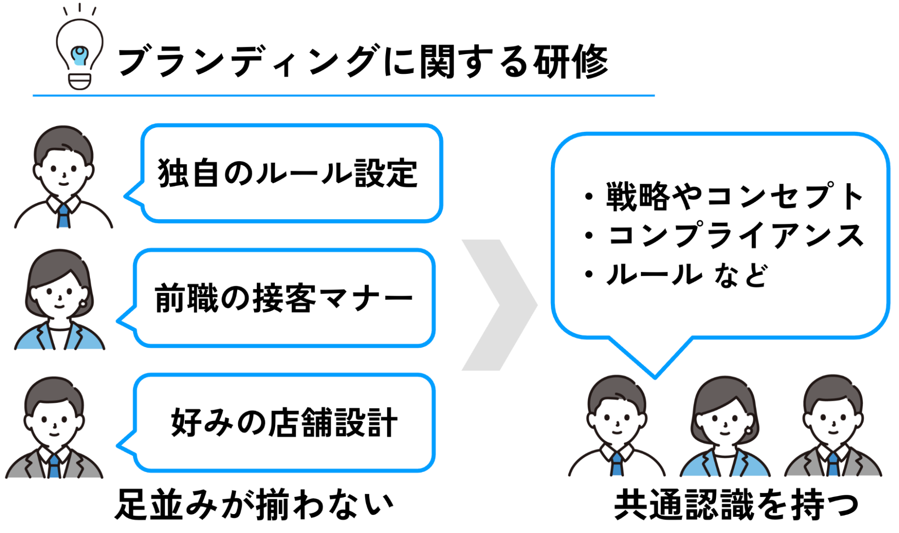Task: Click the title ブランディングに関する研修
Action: click(362, 62)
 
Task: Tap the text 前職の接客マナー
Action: click(284, 298)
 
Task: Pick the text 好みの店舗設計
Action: click(284, 422)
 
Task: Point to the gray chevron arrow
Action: click(500, 305)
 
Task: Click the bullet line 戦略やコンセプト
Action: click(724, 196)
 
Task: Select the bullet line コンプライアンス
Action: click(724, 235)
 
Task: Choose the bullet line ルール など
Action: click(676, 274)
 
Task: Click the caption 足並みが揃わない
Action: click(255, 505)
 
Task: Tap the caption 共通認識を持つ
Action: click(737, 505)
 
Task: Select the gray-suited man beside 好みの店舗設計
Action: click(54, 427)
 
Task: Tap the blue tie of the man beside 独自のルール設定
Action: click(63, 215)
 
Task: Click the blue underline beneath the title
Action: click(344, 95)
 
